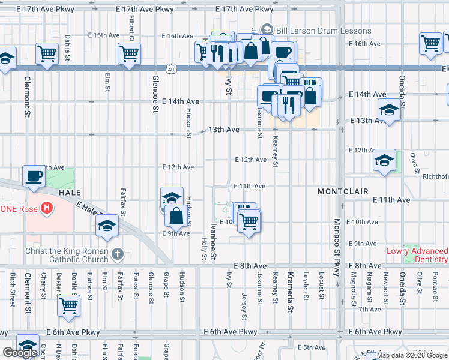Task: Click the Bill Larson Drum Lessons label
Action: (x=322, y=31)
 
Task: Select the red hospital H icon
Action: (x=46, y=209)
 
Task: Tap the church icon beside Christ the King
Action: (x=116, y=254)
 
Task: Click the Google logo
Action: (x=20, y=353)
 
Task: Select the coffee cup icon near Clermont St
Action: (x=34, y=176)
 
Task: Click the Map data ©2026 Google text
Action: (x=412, y=355)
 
